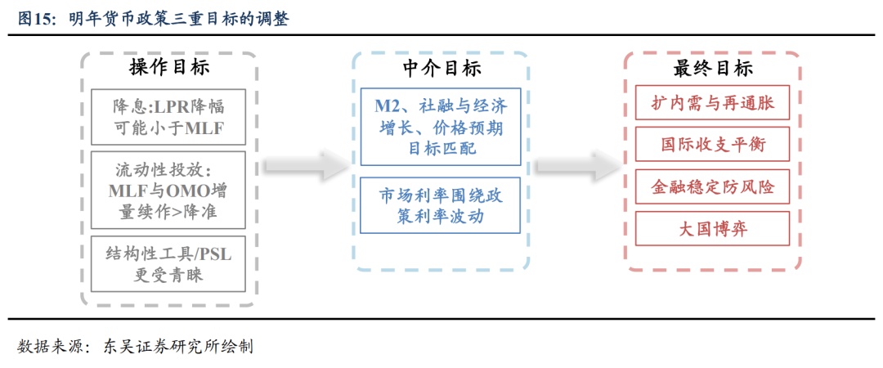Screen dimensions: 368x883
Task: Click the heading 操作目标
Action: pyautogui.click(x=168, y=68)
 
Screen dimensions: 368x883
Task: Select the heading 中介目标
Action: pyautogui.click(x=441, y=68)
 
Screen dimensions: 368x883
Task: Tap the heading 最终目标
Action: pyautogui.click(x=713, y=68)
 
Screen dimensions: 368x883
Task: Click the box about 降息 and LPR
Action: pyautogui.click(x=168, y=117)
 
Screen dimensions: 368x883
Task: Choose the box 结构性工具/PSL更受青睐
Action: pyautogui.click(x=168, y=264)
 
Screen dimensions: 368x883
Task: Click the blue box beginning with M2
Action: pyautogui.click(x=441, y=128)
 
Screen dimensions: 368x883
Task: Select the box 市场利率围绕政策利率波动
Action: pyautogui.click(x=441, y=206)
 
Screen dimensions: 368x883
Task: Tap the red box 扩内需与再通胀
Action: pyautogui.click(x=713, y=105)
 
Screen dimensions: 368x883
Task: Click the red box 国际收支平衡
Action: pyautogui.click(x=713, y=146)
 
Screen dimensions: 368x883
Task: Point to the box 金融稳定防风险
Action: pyautogui.click(x=713, y=188)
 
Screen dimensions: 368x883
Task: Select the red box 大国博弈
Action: pyautogui.click(x=713, y=230)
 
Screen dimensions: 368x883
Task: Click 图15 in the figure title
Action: pyautogui.click(x=36, y=19)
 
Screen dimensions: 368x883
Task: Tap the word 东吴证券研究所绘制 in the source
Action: pyautogui.click(x=177, y=346)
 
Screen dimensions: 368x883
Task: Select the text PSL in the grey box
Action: pyautogui.click(x=215, y=254)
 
